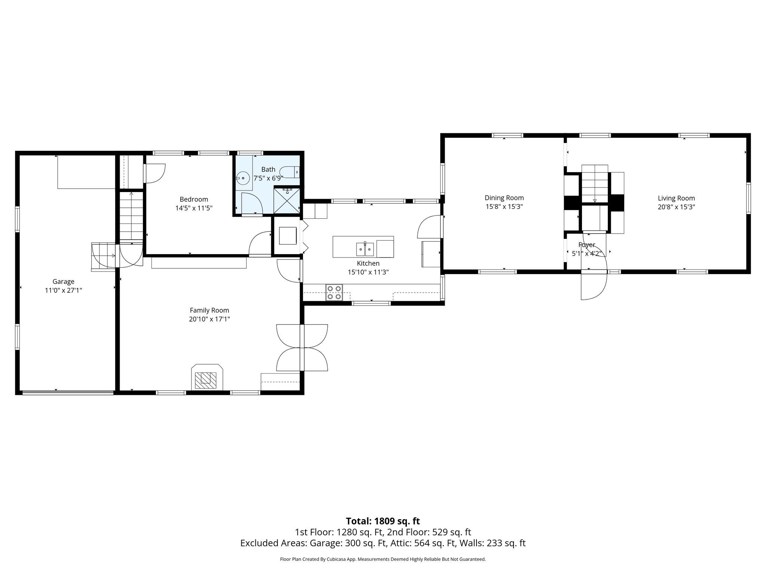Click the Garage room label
coord(63,282)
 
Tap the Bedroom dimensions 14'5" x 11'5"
coord(194,208)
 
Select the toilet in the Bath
coord(289,172)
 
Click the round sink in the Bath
coord(243,178)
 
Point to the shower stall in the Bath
coord(287,200)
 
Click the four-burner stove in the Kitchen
coord(334,292)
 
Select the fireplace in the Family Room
coord(208,377)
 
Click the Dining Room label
coord(504,198)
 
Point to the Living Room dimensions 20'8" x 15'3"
coord(676,207)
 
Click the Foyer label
coord(586,245)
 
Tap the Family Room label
coord(209,310)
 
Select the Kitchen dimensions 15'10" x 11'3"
coord(368,272)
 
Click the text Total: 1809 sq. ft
coord(383,521)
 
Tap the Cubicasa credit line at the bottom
coord(383,559)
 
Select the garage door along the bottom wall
coord(68,392)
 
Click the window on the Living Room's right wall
coord(748,198)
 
